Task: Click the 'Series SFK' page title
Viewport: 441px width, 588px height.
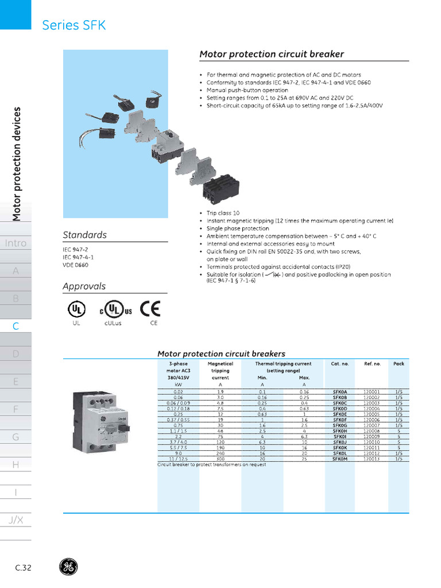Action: tap(74, 25)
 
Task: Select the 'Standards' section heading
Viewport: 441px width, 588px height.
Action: tap(84, 235)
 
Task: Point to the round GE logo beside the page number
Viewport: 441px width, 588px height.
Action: tap(68, 567)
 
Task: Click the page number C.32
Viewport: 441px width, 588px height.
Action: tap(24, 568)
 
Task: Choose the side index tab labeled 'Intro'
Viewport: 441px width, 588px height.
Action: tap(16, 243)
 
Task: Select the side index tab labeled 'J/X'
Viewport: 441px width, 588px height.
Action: tap(16, 520)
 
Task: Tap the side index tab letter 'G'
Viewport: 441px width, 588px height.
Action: tap(16, 437)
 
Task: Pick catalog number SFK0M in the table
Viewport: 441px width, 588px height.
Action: tap(341, 459)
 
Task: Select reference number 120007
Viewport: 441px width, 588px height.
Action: tap(372, 425)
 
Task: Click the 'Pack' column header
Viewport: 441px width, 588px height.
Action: tap(399, 363)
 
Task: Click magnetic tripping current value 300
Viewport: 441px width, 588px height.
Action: tap(220, 459)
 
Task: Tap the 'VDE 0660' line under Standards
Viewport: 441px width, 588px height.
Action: tap(76, 265)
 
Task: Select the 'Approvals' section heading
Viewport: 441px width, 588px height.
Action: tap(84, 286)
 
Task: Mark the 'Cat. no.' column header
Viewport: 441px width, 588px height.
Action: tap(340, 363)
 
